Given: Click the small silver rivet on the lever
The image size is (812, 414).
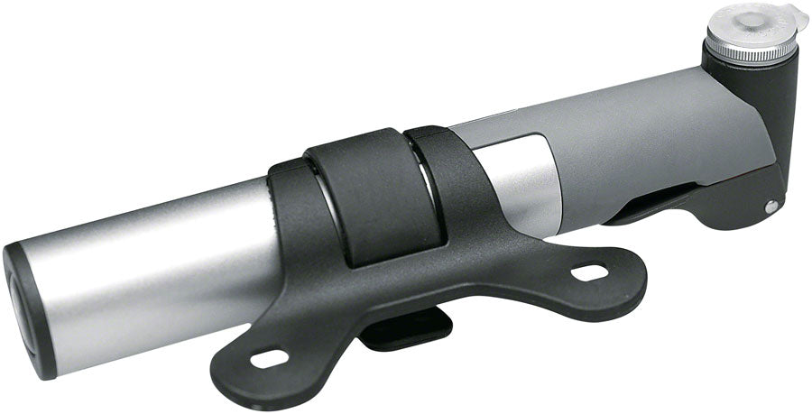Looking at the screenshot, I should tap(770, 206).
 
